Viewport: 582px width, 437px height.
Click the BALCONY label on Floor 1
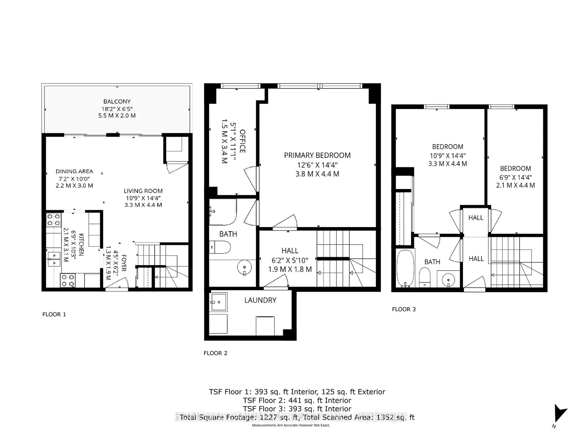117,101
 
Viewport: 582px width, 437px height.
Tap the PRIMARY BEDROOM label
317,155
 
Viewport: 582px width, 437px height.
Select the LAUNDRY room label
260,300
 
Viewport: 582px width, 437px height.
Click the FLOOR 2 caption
215,353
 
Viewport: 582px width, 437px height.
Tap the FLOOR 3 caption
404,309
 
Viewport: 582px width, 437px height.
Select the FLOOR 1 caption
54,314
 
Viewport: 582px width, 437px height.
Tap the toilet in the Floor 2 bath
221,247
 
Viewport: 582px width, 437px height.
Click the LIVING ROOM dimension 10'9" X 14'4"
143,198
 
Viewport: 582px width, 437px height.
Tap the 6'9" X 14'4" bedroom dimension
515,177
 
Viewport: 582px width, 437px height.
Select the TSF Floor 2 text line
297,400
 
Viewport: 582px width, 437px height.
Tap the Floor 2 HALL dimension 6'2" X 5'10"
290,261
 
